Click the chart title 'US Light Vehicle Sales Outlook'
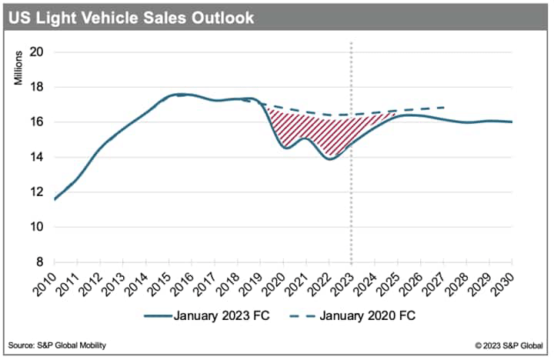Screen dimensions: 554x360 pos(131,18)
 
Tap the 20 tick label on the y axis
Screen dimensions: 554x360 pos(36,52)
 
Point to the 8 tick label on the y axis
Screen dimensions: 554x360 pos(39,262)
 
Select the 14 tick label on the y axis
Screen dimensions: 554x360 pos(36,157)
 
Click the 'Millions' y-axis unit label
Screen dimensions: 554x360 pos(18,68)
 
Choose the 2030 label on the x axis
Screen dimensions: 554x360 pos(502,284)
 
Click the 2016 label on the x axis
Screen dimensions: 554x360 pos(182,284)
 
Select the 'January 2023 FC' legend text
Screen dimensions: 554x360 pos(222,315)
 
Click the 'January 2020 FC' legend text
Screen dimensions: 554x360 pos(368,315)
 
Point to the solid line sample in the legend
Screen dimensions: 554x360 pos(158,316)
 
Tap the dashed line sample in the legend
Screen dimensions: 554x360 pos(302,316)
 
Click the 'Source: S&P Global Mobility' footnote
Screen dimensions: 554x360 pos(57,345)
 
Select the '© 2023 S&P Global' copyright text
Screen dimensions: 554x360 pos(509,345)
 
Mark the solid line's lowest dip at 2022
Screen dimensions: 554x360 pos(330,159)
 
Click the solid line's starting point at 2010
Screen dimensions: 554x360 pos(55,199)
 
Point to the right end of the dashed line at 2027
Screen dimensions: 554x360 pos(443,107)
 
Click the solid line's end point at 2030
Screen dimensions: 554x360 pos(512,122)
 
